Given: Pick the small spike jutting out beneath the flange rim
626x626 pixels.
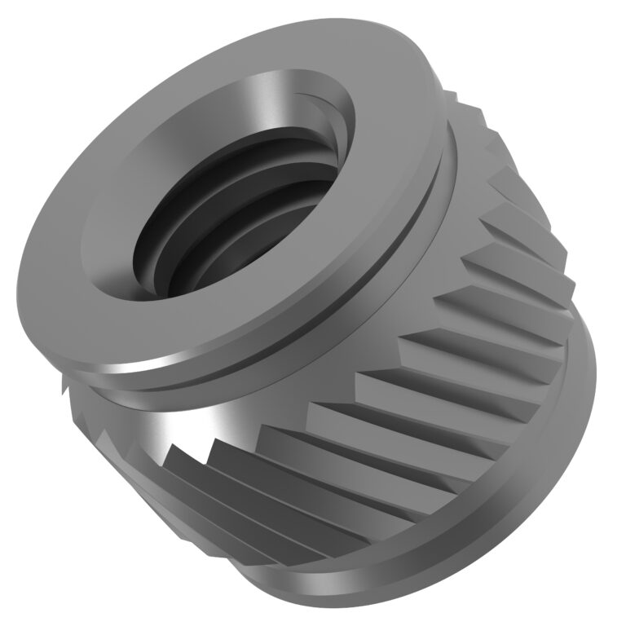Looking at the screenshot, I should point(69,383).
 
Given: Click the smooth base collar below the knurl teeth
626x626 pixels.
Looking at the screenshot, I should point(489,522).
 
